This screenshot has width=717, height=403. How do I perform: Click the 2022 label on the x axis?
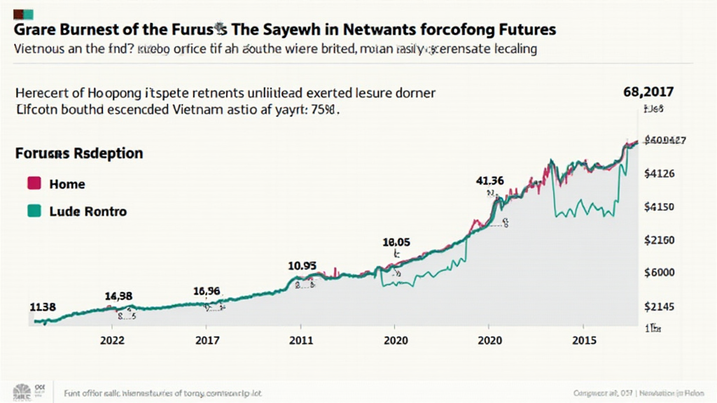(113, 340)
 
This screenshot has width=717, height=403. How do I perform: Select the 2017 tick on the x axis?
(207, 340)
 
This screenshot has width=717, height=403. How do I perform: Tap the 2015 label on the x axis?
(585, 340)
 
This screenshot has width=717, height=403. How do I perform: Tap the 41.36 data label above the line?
(489, 180)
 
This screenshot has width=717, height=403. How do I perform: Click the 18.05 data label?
(396, 242)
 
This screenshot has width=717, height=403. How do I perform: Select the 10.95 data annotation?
(302, 266)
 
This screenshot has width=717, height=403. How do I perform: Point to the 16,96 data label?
(207, 291)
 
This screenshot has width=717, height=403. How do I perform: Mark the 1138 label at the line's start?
(43, 306)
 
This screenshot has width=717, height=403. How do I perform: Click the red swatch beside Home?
(32, 184)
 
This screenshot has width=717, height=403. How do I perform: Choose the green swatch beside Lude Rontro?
(32, 211)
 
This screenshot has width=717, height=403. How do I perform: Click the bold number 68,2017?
(648, 91)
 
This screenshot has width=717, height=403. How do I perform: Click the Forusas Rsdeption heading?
(79, 153)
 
